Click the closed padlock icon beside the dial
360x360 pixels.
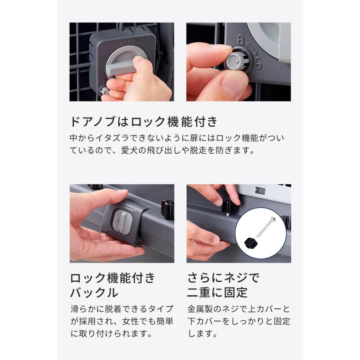[x=241, y=39]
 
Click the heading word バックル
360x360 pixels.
[x=94, y=292]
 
